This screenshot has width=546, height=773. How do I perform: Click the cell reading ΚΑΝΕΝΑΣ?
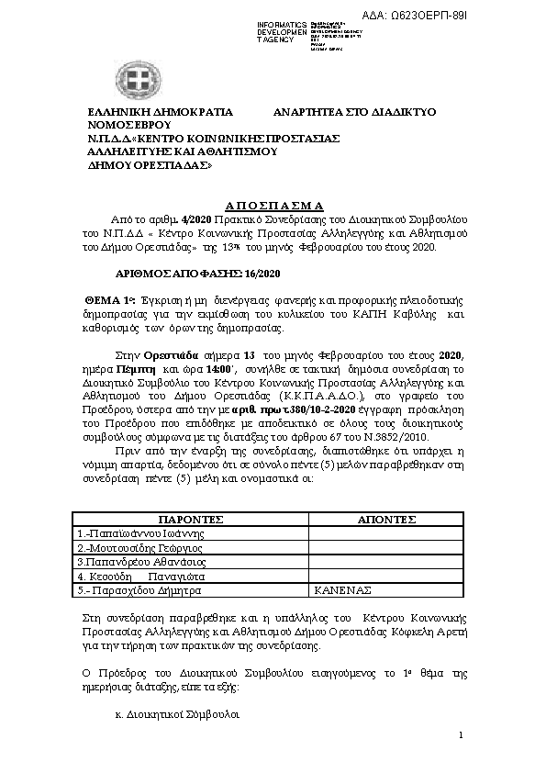345,591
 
